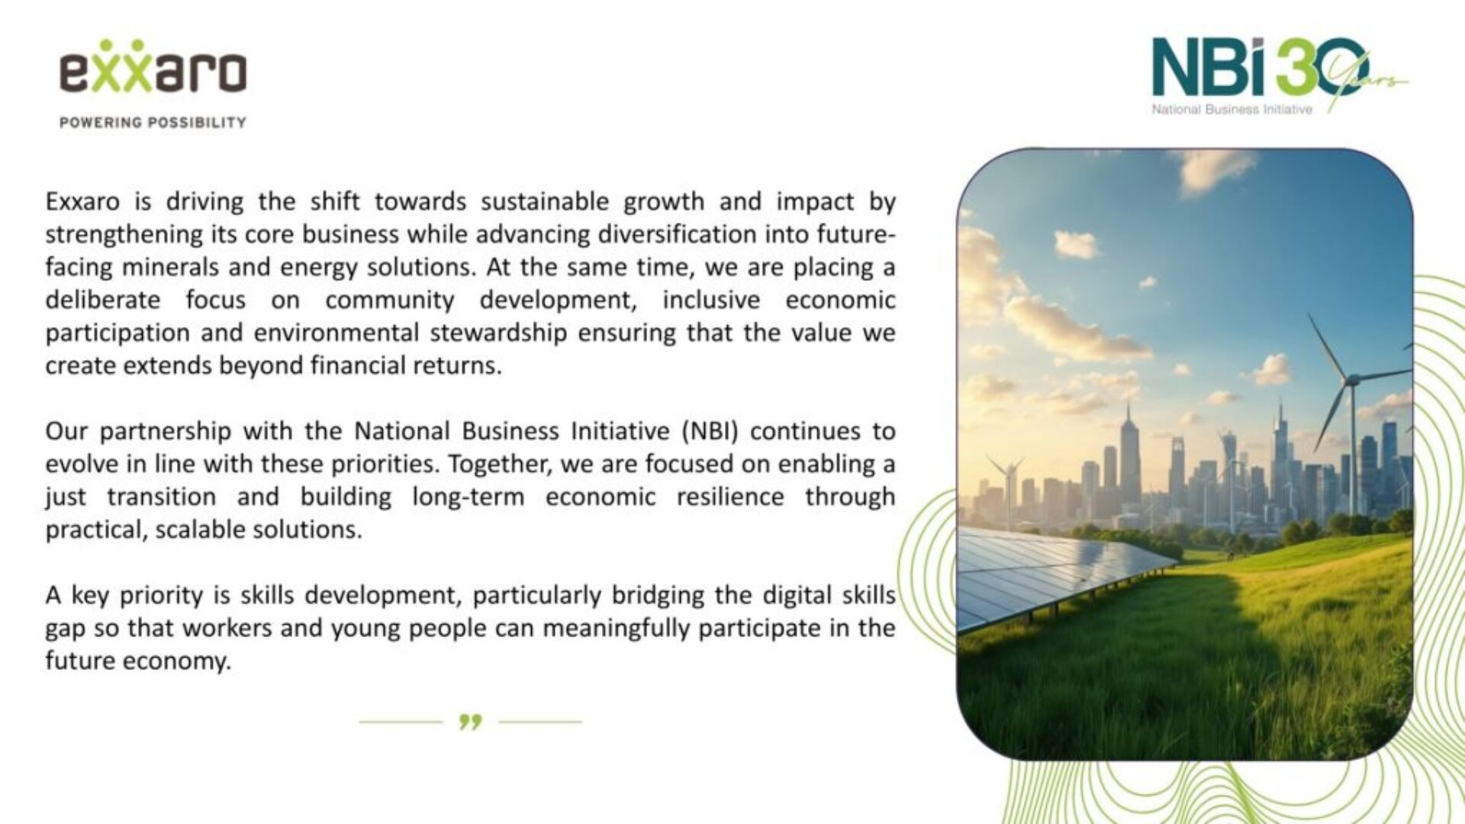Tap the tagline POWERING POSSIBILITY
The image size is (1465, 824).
153,122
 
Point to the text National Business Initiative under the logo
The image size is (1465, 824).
1232,109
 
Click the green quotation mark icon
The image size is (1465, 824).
471,721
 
